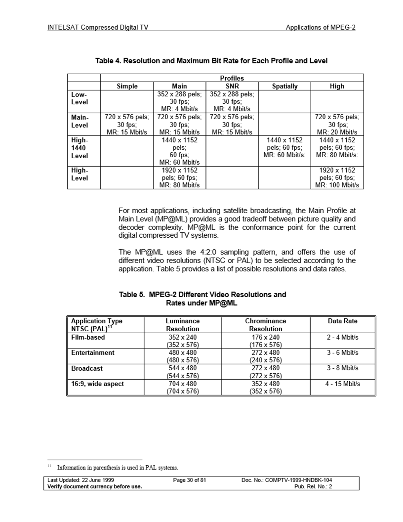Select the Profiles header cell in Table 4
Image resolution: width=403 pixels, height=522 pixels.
point(232,78)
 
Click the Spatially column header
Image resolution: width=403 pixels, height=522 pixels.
point(285,86)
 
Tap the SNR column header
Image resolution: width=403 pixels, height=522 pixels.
point(232,86)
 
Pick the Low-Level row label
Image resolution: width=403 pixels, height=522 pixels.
point(83,98)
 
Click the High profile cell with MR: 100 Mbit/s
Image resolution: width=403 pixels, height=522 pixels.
point(337,178)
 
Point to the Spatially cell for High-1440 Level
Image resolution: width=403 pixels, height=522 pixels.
point(285,148)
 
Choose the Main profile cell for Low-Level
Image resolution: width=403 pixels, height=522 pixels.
point(179,101)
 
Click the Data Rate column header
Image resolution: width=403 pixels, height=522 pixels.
point(343,321)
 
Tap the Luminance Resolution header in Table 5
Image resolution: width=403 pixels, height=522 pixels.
point(183,325)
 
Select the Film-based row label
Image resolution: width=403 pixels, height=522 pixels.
point(88,338)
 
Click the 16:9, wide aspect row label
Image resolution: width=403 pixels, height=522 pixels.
point(97,384)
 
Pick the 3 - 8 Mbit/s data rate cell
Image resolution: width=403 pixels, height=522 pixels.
point(343,368)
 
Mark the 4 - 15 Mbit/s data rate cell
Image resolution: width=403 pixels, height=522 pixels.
point(343,384)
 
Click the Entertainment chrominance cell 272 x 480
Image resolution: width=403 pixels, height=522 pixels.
point(266,353)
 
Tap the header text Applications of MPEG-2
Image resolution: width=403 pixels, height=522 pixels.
point(321,28)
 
